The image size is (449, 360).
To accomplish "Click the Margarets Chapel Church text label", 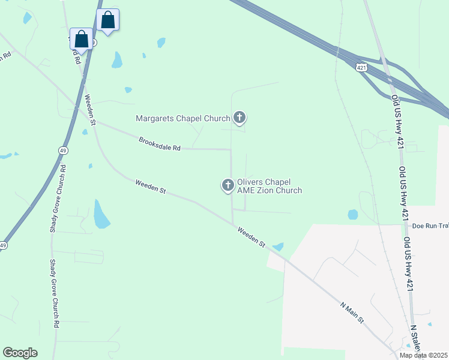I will (x=183, y=118).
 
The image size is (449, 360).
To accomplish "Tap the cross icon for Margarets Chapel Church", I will (x=240, y=117).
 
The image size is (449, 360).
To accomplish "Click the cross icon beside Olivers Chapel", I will (x=228, y=186).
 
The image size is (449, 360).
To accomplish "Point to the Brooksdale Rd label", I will (x=160, y=145).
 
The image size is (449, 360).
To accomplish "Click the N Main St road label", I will (x=352, y=311).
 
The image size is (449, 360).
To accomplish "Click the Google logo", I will (x=20, y=353).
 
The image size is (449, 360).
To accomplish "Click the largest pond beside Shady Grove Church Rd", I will (x=101, y=215).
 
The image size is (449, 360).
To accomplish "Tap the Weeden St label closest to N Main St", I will (x=251, y=236).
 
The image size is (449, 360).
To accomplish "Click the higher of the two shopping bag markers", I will (x=107, y=20).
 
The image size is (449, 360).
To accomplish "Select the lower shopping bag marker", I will (x=82, y=39).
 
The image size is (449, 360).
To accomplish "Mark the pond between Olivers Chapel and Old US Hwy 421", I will (x=352, y=214).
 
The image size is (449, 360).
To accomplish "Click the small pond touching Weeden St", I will (x=277, y=246).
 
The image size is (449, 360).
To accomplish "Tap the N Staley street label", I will (x=415, y=340).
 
